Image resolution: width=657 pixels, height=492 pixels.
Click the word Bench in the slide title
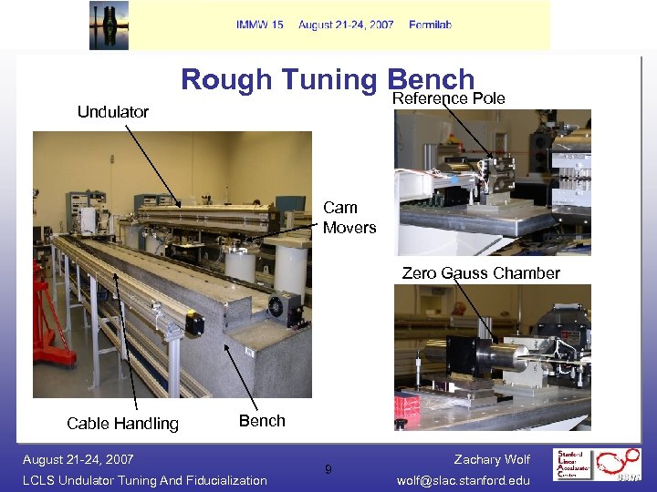click(431, 80)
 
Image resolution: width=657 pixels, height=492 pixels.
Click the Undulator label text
click(113, 112)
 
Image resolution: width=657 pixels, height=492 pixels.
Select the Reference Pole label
click(448, 98)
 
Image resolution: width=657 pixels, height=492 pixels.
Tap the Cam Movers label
click(349, 218)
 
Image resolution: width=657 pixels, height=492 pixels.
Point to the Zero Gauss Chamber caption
click(481, 272)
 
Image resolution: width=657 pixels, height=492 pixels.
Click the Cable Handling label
click(122, 423)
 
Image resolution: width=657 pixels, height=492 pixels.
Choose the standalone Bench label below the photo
click(262, 421)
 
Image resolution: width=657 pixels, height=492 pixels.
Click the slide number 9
click(328, 470)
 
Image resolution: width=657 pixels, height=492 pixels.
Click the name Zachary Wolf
click(492, 460)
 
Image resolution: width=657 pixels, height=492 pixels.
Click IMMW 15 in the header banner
click(260, 25)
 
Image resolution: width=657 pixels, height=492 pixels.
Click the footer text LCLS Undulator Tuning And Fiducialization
click(145, 480)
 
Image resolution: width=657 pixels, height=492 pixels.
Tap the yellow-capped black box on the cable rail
click(193, 323)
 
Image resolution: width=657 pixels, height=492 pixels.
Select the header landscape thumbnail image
click(109, 25)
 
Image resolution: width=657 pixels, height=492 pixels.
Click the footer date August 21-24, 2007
click(78, 459)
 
